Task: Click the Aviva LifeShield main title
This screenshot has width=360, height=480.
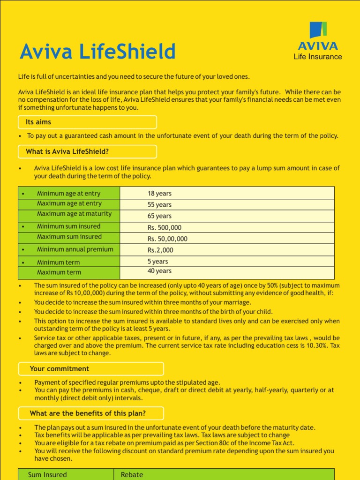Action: coord(97,52)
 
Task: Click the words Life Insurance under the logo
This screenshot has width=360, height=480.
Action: coord(317,57)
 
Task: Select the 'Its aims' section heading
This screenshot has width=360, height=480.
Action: coord(38,122)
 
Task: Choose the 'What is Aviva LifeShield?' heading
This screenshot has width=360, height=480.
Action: coord(67,151)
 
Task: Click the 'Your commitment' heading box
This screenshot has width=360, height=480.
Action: coord(60,368)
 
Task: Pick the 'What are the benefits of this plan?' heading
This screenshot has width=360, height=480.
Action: coord(88,413)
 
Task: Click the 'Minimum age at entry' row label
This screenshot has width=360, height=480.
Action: coord(68,193)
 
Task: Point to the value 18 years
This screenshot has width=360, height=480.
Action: coord(159,193)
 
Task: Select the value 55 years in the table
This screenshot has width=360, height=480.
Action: coord(159,205)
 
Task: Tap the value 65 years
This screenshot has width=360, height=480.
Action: coord(159,216)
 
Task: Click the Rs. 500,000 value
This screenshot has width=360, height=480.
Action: coord(164,227)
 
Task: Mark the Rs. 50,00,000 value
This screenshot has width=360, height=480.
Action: coord(167,239)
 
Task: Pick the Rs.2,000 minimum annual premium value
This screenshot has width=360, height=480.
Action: coord(160,250)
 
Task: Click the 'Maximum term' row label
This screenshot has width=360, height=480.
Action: coord(59,272)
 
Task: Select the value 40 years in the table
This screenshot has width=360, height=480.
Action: coord(159,271)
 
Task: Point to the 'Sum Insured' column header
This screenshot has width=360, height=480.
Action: coord(47,474)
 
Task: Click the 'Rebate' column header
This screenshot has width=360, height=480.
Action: coord(132,474)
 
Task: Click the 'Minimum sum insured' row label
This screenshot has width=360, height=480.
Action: coord(68,226)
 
